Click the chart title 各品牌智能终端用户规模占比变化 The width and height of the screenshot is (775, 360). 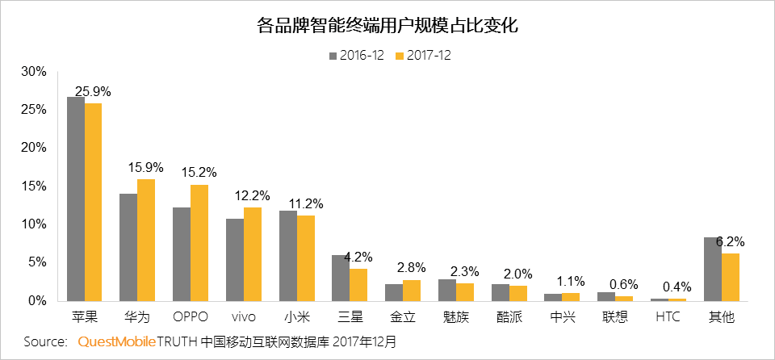click(387, 26)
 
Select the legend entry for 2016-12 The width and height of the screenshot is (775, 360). click(356, 56)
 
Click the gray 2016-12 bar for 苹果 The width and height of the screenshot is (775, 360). click(76, 199)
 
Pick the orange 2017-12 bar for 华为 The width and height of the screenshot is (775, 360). click(146, 240)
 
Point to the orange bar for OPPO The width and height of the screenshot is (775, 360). click(199, 242)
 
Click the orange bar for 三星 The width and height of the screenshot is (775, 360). click(358, 284)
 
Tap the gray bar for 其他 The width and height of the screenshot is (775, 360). click(713, 269)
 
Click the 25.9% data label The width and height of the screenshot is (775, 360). click(93, 91)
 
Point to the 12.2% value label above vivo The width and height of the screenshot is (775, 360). click(253, 196)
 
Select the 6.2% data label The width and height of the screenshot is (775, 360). click(730, 241)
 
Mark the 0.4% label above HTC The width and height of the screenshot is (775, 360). click(677, 287)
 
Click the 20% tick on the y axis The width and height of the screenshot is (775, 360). click(34, 148)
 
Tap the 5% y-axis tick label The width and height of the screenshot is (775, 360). click(37, 262)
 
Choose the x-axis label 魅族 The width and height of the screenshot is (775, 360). click(457, 317)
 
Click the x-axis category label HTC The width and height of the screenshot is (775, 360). click(668, 317)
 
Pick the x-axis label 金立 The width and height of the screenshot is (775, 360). click(404, 317)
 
